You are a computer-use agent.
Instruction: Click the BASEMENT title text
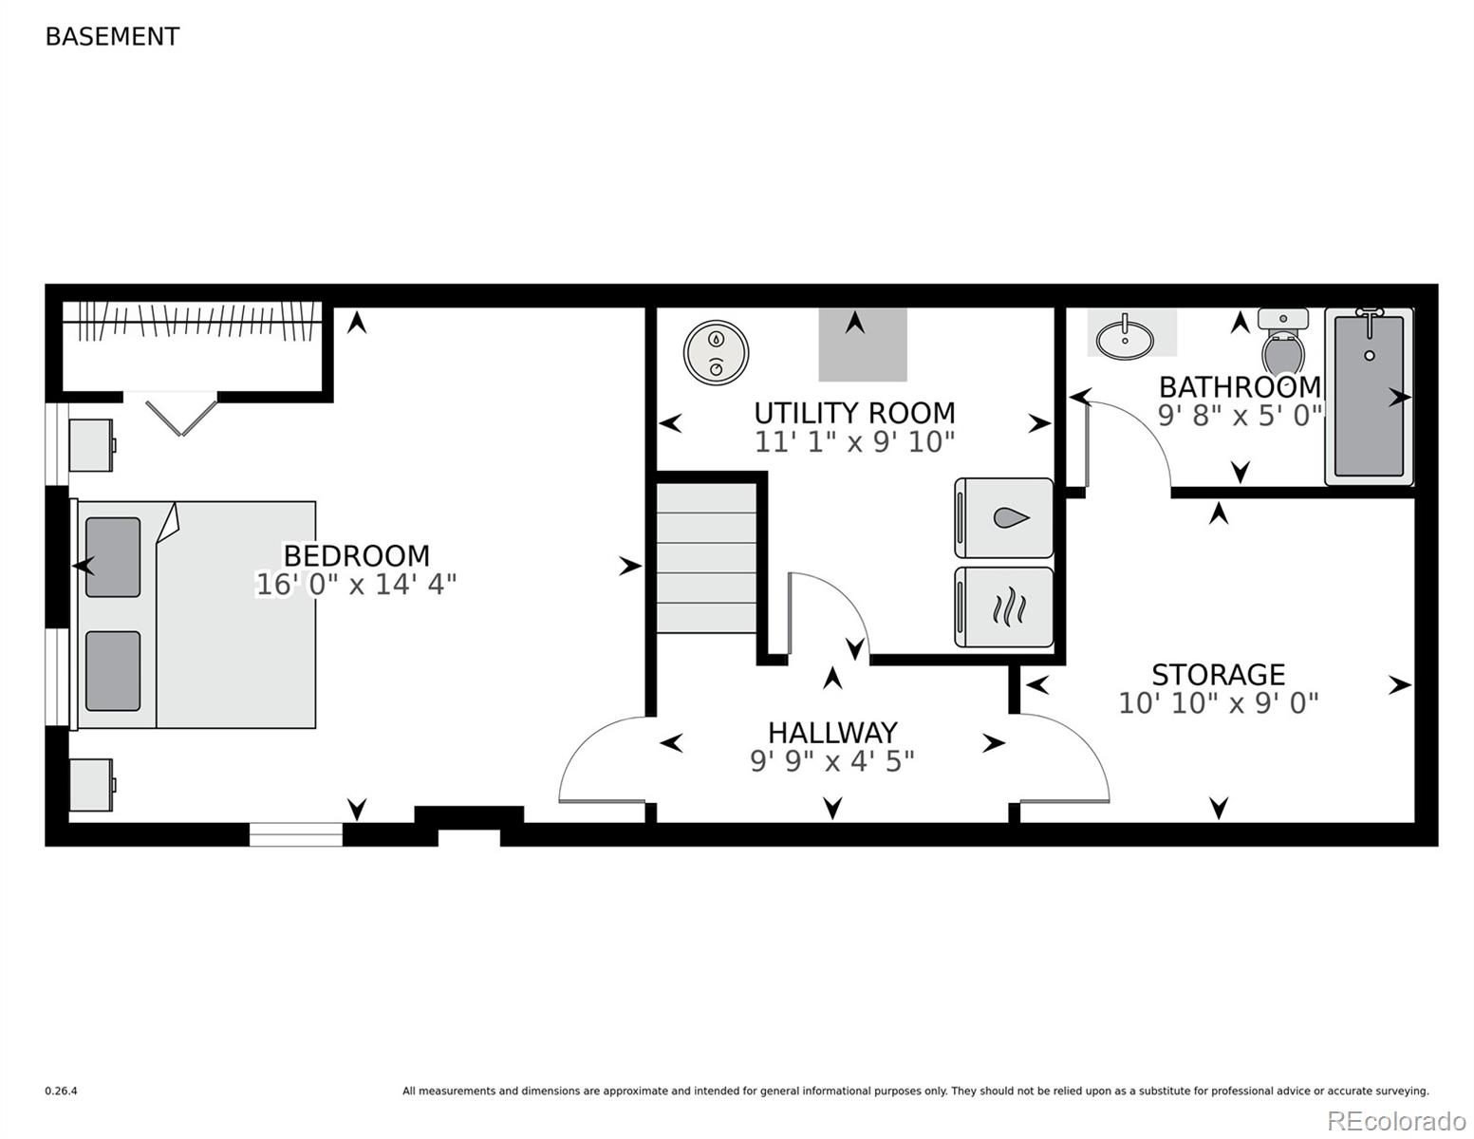112,36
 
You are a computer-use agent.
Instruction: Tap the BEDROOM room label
356,555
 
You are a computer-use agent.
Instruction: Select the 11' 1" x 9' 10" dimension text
854,441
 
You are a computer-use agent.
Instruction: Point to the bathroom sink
1126,337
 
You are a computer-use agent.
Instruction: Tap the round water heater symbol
716,353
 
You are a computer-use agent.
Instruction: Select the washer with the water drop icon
1004,518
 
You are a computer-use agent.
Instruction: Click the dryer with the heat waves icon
1004,607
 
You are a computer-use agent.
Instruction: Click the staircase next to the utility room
706,558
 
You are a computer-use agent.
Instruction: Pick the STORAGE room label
1218,675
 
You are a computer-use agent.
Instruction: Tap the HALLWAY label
832,733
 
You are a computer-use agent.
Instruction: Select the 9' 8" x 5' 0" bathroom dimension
1240,416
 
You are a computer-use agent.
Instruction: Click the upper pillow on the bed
113,557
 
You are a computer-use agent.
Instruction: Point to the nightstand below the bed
91,785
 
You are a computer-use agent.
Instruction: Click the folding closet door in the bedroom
180,416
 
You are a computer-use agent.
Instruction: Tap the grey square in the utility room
862,345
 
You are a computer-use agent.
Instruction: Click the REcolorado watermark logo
1395,1120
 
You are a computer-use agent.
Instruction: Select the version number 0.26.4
62,1092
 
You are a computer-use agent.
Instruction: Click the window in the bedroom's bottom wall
296,834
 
